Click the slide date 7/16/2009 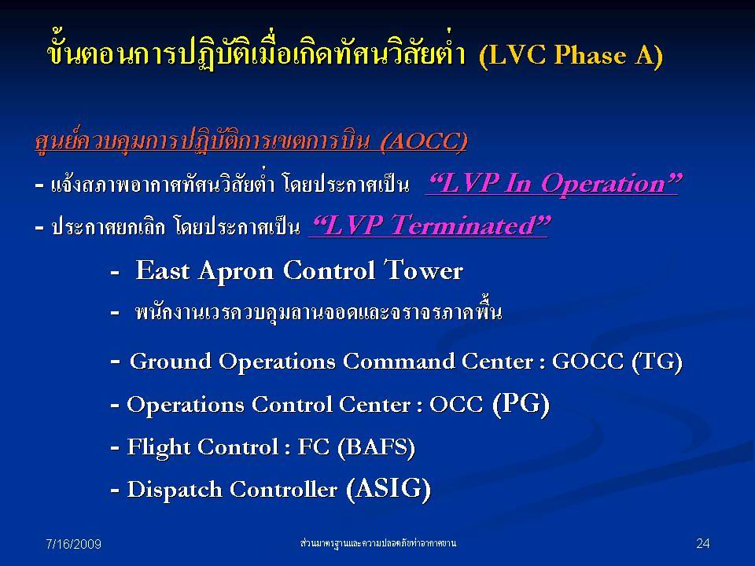coord(73,544)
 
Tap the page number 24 coord(702,543)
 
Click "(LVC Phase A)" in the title coord(571,55)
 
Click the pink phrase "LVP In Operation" coord(553,183)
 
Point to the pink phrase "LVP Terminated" coord(430,226)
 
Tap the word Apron coord(236,272)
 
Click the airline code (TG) coord(657,362)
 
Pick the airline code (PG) coord(521,403)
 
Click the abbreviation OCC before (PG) coord(456,404)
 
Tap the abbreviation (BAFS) coord(376,447)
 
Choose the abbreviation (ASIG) coord(388,489)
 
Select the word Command coord(398,362)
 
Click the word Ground coord(171,362)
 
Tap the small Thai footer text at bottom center coord(378,543)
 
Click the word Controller coord(283,490)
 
